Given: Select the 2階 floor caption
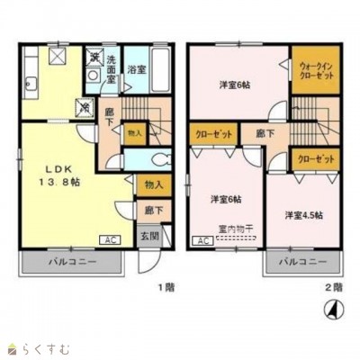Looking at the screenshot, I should [332, 286].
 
